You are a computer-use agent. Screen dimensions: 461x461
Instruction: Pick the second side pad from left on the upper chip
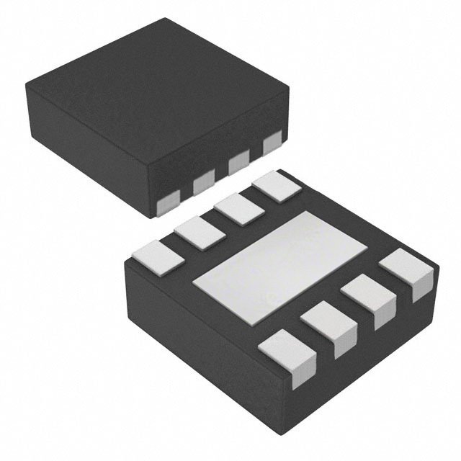click(204, 185)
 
